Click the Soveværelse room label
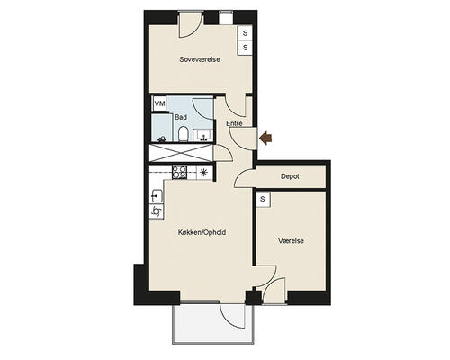click(200, 59)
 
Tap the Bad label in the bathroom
click(181, 117)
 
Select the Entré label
click(234, 123)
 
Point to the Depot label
click(290, 176)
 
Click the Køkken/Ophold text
click(202, 232)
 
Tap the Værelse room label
click(291, 240)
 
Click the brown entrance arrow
click(265, 138)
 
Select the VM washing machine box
click(159, 103)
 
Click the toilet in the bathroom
click(183, 134)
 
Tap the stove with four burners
click(179, 173)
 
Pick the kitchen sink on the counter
click(157, 196)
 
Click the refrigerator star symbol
click(203, 173)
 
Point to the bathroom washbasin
click(204, 135)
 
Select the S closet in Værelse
click(263, 199)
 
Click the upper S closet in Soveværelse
click(245, 33)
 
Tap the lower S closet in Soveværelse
click(245, 47)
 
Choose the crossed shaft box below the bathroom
click(181, 153)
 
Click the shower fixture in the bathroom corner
click(162, 139)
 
